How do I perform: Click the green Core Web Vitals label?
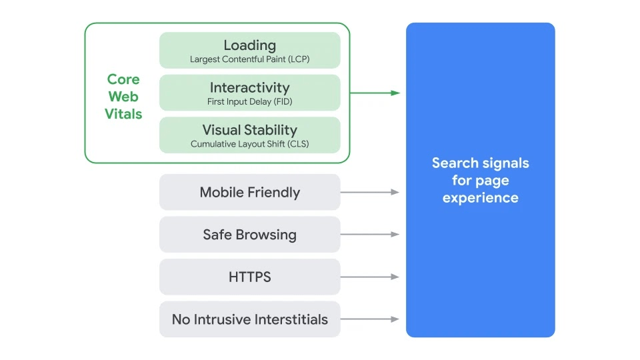click(123, 97)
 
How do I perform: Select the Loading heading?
click(249, 45)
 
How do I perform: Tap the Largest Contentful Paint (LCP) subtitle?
click(249, 59)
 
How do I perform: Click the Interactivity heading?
click(249, 87)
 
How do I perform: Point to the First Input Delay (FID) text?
click(249, 102)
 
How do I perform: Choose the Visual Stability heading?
click(249, 130)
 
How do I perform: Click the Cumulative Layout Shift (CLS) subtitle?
click(249, 144)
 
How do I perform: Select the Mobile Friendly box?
click(249, 193)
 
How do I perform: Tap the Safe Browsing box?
click(249, 235)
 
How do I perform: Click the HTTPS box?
click(249, 277)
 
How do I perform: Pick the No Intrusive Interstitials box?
click(249, 319)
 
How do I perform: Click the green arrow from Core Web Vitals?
click(375, 93)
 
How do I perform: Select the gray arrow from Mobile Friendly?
click(370, 192)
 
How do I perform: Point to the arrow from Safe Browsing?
click(370, 235)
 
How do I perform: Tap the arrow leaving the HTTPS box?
click(370, 277)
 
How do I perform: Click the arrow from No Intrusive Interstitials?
click(370, 319)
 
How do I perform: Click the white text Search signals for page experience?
click(480, 180)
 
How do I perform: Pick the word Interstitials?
click(287, 319)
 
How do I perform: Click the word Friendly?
click(273, 193)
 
